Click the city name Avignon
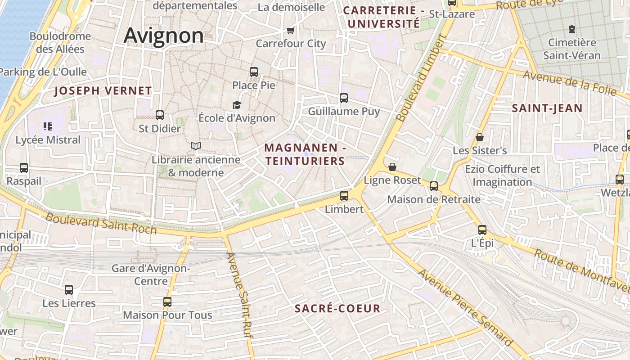pyautogui.click(x=163, y=35)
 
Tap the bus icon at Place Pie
pyautogui.click(x=254, y=72)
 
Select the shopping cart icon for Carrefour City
pyautogui.click(x=291, y=31)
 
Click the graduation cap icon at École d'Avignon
pyautogui.click(x=237, y=105)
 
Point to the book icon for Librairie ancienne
pyautogui.click(x=195, y=146)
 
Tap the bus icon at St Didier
pyautogui.click(x=159, y=115)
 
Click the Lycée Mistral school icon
pyautogui.click(x=48, y=126)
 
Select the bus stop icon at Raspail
pyautogui.click(x=24, y=168)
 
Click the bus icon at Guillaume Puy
pyautogui.click(x=344, y=98)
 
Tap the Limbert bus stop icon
pyautogui.click(x=344, y=195)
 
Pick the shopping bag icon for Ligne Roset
pyautogui.click(x=392, y=167)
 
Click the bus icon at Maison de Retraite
pyautogui.click(x=434, y=186)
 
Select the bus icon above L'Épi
pyautogui.click(x=482, y=230)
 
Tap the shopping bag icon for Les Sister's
pyautogui.click(x=480, y=137)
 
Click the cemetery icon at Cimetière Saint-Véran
pyautogui.click(x=571, y=29)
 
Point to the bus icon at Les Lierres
pyautogui.click(x=69, y=290)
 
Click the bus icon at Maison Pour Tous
pyautogui.click(x=167, y=301)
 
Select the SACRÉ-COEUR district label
pyautogui.click(x=337, y=309)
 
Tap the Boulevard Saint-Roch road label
pyautogui.click(x=101, y=223)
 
